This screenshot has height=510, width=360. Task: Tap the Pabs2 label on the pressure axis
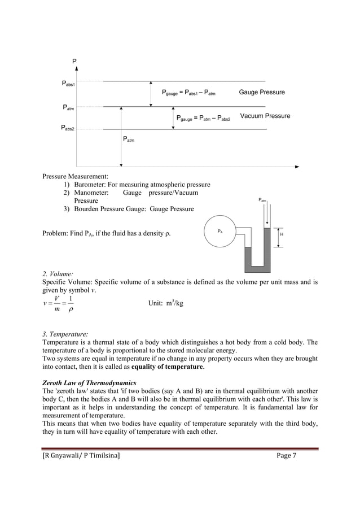click(x=68, y=128)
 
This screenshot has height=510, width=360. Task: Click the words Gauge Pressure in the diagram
click(x=262, y=92)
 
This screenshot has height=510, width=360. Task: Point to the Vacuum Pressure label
click(x=265, y=116)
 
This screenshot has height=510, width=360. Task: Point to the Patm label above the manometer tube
click(x=262, y=200)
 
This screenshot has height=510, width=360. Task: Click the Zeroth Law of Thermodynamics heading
click(x=89, y=383)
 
